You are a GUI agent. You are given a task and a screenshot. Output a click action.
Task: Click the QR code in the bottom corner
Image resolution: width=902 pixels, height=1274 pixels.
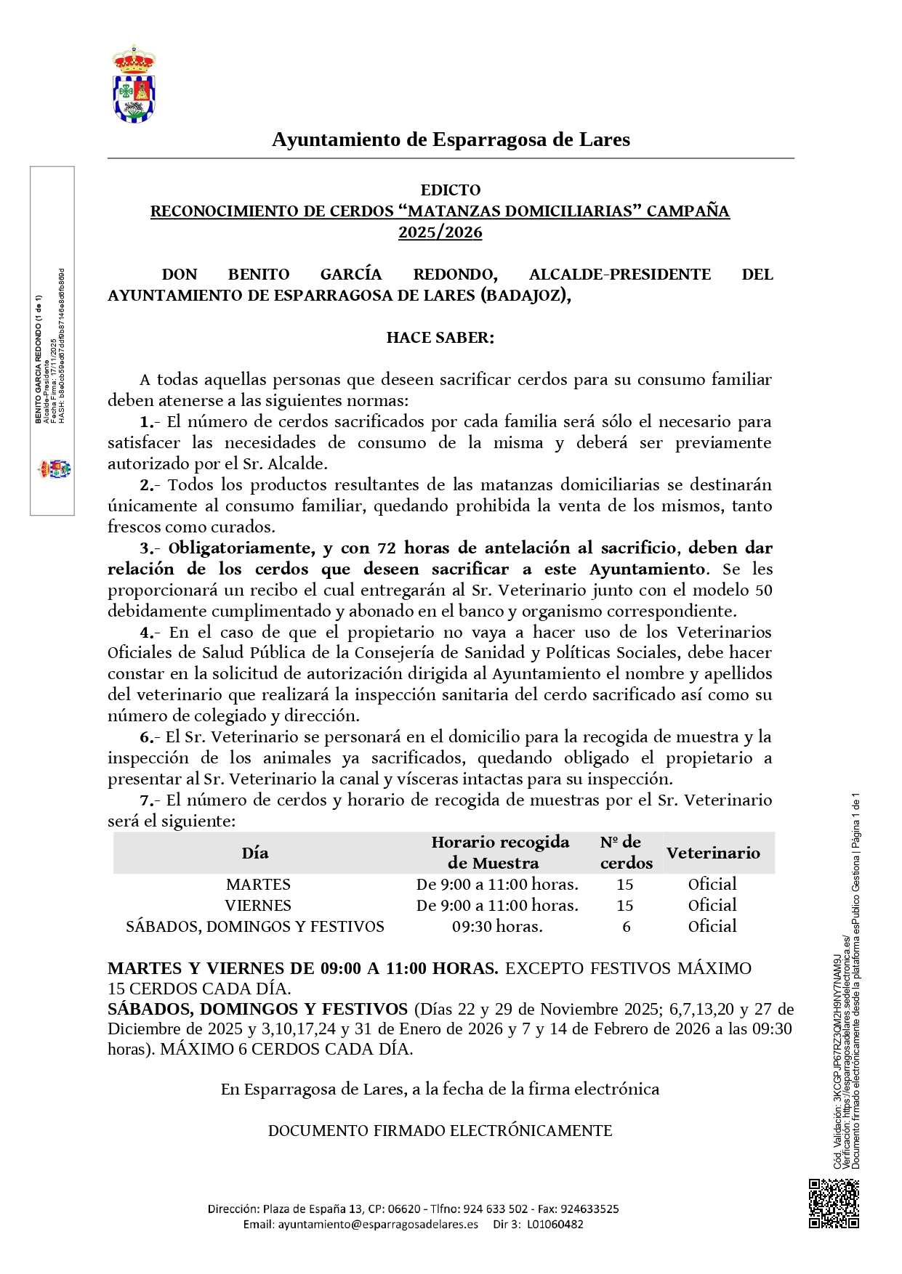tap(834, 1204)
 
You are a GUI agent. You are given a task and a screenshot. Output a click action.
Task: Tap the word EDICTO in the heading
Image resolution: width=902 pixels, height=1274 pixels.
tap(451, 190)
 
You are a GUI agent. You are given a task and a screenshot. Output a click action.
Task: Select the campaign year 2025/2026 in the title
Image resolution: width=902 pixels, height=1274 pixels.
tap(440, 232)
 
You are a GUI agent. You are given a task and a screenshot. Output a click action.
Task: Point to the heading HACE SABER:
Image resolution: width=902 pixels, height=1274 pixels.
tap(440, 338)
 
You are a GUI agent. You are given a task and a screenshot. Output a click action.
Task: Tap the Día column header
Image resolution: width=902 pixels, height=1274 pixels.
tap(255, 853)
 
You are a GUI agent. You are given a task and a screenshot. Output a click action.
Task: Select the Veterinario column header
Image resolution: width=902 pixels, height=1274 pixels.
tap(713, 853)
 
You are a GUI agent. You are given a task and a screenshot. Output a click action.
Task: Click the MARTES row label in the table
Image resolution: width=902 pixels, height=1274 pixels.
tap(258, 885)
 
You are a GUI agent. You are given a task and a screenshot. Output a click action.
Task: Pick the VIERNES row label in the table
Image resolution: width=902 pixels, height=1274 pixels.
tap(258, 906)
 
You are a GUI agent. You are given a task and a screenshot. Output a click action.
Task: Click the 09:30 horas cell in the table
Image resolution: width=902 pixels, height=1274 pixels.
tap(497, 927)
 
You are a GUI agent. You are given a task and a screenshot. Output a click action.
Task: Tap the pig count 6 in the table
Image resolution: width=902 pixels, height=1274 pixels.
tap(626, 927)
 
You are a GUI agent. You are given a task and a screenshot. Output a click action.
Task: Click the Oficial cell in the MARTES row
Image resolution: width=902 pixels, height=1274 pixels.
tap(712, 885)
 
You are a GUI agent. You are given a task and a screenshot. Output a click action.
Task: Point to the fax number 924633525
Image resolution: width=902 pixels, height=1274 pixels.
tap(589, 1209)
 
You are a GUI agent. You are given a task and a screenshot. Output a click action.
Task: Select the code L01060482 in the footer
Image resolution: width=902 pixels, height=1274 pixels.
tap(555, 1224)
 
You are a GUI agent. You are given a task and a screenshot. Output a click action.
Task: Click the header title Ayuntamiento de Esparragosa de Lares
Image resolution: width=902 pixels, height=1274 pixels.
tap(451, 139)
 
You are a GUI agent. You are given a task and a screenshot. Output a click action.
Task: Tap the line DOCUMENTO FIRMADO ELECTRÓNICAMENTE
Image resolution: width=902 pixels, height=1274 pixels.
tap(440, 1131)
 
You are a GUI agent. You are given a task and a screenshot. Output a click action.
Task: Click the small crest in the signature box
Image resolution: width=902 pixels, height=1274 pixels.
tap(55, 468)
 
